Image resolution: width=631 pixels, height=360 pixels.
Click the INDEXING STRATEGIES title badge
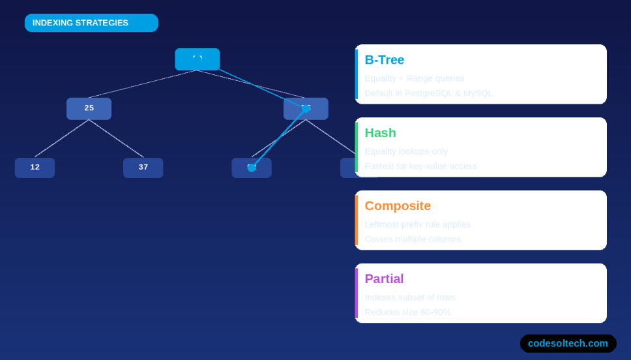click(91, 23)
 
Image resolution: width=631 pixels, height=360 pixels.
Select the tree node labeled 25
click(89, 108)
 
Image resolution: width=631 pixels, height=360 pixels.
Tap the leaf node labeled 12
click(35, 168)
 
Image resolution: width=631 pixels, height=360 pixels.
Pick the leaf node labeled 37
click(143, 168)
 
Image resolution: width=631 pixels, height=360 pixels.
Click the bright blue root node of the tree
click(197, 59)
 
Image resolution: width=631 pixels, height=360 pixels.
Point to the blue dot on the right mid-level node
click(306, 109)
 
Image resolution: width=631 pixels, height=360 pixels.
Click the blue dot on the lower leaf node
click(252, 168)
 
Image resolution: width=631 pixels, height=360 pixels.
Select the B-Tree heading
click(385, 60)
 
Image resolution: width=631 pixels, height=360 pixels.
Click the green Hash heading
click(380, 133)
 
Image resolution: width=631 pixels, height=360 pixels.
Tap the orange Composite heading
click(398, 206)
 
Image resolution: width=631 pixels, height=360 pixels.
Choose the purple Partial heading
click(384, 279)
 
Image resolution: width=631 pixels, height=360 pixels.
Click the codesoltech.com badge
click(568, 343)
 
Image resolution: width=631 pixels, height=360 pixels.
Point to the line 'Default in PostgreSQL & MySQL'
click(428, 93)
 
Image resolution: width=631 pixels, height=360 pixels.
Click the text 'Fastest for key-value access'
click(420, 166)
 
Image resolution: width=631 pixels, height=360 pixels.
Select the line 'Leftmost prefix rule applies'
click(417, 224)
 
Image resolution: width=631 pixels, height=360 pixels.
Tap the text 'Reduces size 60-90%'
click(407, 312)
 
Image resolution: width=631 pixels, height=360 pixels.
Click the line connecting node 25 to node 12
click(62, 138)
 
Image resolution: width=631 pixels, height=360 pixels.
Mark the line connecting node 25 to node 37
click(116, 138)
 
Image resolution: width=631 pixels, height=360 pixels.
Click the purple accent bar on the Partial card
click(357, 293)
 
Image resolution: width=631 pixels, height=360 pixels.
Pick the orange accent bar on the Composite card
click(357, 220)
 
